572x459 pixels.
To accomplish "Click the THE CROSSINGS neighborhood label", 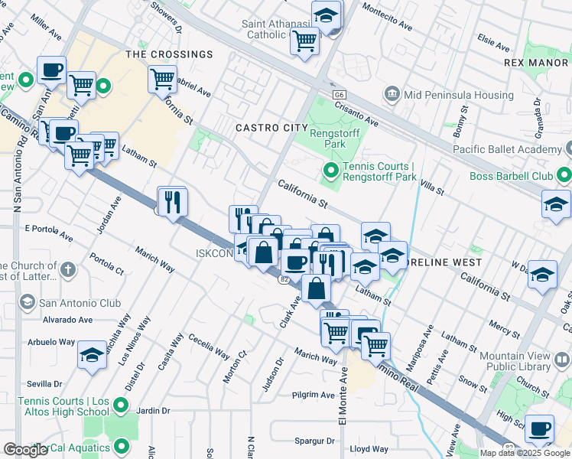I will pyautogui.click(x=169, y=54).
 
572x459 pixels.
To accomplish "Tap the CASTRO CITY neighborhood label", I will pyautogui.click(x=266, y=128).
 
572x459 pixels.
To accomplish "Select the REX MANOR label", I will pyautogui.click(x=536, y=61).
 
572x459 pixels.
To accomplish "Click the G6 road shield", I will pyautogui.click(x=339, y=93).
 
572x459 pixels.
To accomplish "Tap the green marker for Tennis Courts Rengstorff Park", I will pyautogui.click(x=331, y=170).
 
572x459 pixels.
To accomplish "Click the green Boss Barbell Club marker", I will pyautogui.click(x=564, y=176).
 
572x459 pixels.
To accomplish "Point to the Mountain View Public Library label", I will pyautogui.click(x=523, y=361).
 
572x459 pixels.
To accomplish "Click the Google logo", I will pyautogui.click(x=26, y=450).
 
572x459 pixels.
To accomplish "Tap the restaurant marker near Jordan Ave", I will pyautogui.click(x=172, y=202).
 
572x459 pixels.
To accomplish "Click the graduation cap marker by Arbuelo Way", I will pyautogui.click(x=92, y=356).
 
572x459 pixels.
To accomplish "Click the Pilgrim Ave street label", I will pyautogui.click(x=314, y=396).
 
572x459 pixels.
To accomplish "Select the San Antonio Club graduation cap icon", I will pyautogui.click(x=28, y=303).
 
